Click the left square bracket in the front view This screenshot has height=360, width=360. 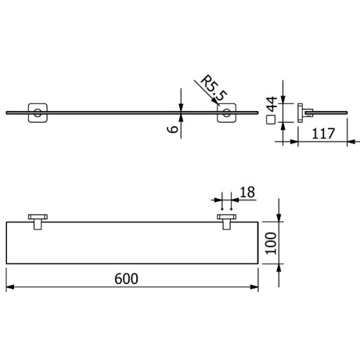(35, 113)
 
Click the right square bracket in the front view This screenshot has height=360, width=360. (225, 113)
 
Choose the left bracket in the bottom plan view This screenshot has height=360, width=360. (37, 220)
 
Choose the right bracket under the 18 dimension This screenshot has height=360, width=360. (227, 220)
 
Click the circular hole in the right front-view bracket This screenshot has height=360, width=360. (226, 114)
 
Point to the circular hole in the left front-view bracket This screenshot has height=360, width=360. (35, 114)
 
